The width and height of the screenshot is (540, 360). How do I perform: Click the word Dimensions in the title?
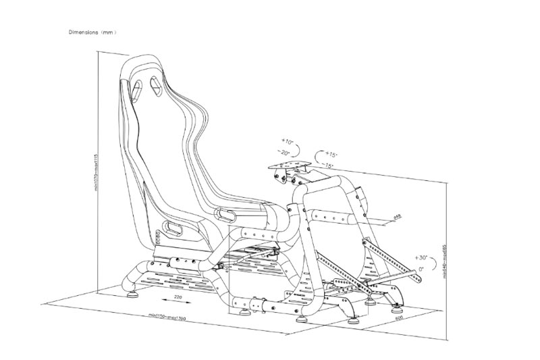click(83, 32)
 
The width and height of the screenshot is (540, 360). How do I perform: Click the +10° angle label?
click(288, 143)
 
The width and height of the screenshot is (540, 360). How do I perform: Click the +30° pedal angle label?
click(422, 258)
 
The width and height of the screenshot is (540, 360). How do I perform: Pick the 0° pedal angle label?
click(421, 269)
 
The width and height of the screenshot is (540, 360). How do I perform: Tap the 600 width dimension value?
click(400, 317)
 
